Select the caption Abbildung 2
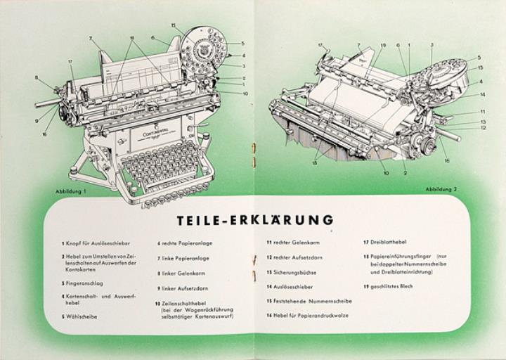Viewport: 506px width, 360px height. (x=441, y=189)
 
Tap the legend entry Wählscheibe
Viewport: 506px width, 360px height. (x=84, y=316)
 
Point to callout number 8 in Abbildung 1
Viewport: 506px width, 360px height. (x=36, y=78)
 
